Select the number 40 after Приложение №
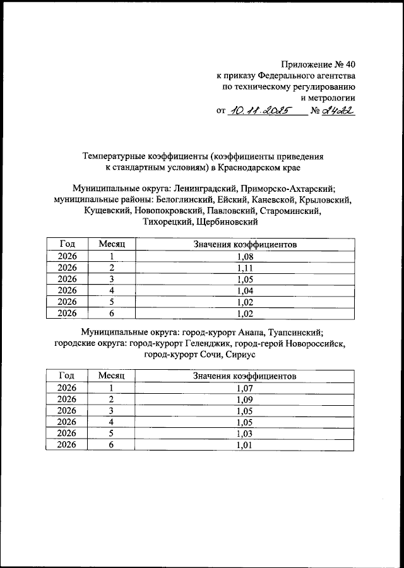pyautogui.click(x=347, y=64)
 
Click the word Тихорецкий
pyautogui.click(x=169, y=222)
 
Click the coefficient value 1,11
pyautogui.click(x=244, y=267)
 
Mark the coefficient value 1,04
pyautogui.click(x=244, y=290)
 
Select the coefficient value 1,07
pyautogui.click(x=244, y=388)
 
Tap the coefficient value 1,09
pyautogui.click(x=244, y=399)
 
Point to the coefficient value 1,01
pyautogui.click(x=244, y=445)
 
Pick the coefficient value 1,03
pyautogui.click(x=244, y=434)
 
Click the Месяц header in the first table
pyautogui.click(x=112, y=244)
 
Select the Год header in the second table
pyautogui.click(x=67, y=376)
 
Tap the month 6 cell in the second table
pyautogui.click(x=111, y=445)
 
